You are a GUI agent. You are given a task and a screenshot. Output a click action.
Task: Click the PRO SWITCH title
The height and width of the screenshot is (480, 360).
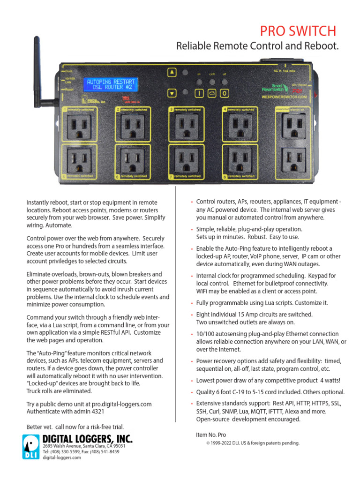[x=299, y=31]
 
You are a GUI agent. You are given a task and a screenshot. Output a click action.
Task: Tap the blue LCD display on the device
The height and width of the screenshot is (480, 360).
[x=111, y=85]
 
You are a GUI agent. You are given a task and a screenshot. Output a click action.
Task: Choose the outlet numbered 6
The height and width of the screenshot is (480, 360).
[x=132, y=160]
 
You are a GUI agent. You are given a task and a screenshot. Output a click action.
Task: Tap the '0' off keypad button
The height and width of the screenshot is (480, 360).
[x=225, y=93]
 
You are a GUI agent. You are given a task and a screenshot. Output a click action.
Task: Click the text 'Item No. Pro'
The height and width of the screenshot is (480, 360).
[x=211, y=435]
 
